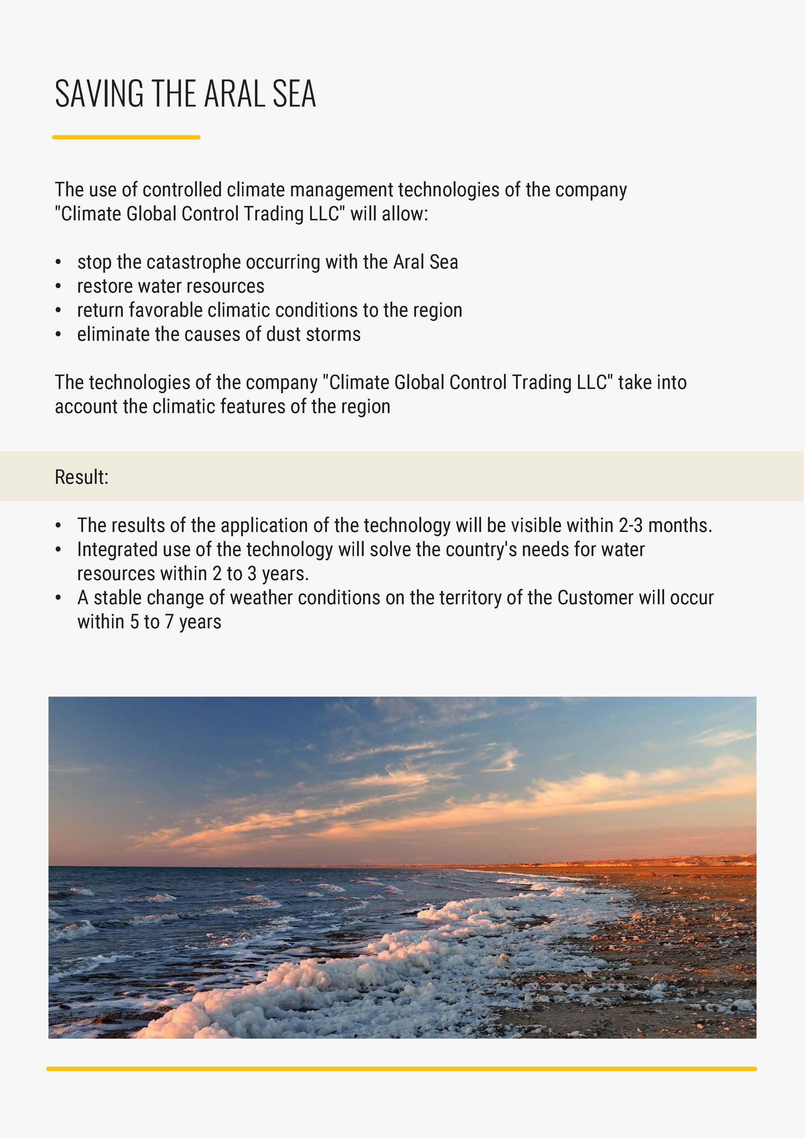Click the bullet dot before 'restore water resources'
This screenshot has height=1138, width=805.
pos(58,287)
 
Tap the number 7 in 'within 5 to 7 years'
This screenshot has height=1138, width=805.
pos(169,622)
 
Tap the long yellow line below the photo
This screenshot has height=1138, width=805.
pos(402,1069)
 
